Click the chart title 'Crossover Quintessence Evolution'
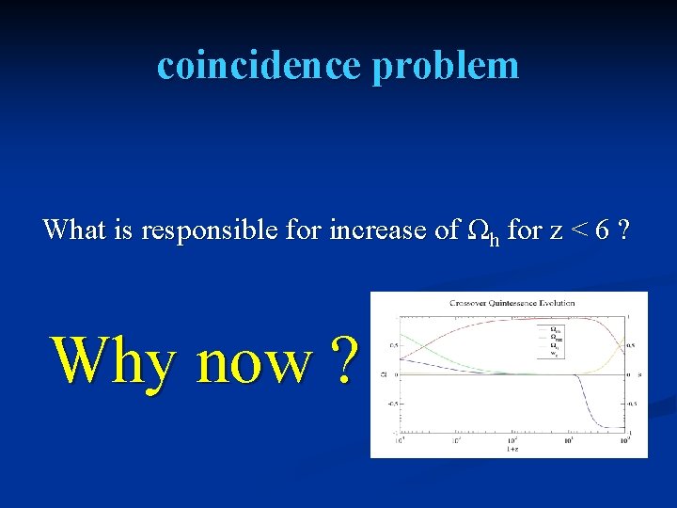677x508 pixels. click(x=512, y=303)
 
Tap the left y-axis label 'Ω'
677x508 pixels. click(x=383, y=374)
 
